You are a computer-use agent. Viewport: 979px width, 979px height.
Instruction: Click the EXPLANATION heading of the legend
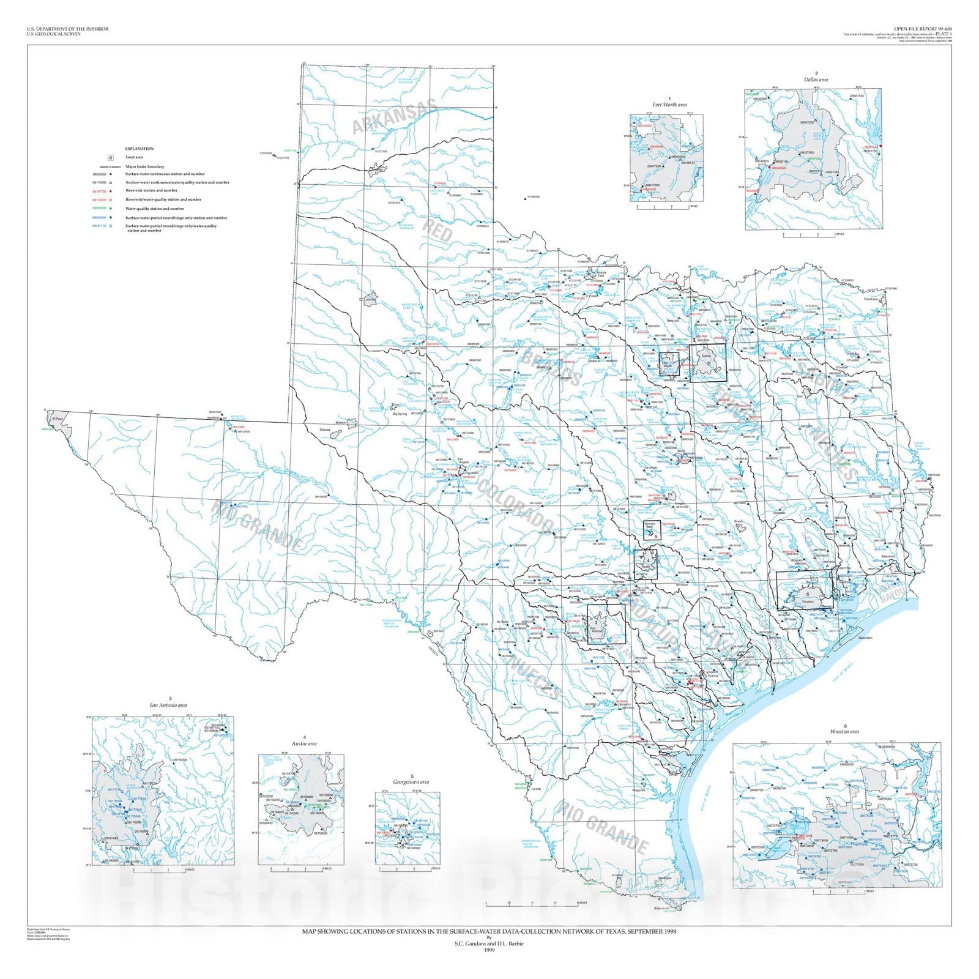140,149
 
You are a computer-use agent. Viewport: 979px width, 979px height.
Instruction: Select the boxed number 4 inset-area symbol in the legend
111,158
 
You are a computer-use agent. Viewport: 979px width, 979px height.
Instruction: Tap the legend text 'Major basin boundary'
144,166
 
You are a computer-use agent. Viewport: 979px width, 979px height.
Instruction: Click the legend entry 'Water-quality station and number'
155,209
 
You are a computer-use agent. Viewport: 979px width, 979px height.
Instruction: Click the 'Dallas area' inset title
816,80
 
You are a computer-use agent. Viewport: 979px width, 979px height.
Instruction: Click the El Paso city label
58,419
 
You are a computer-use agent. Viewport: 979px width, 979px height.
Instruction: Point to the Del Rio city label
437,631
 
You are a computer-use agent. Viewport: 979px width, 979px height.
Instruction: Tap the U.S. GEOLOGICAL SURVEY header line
53,34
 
